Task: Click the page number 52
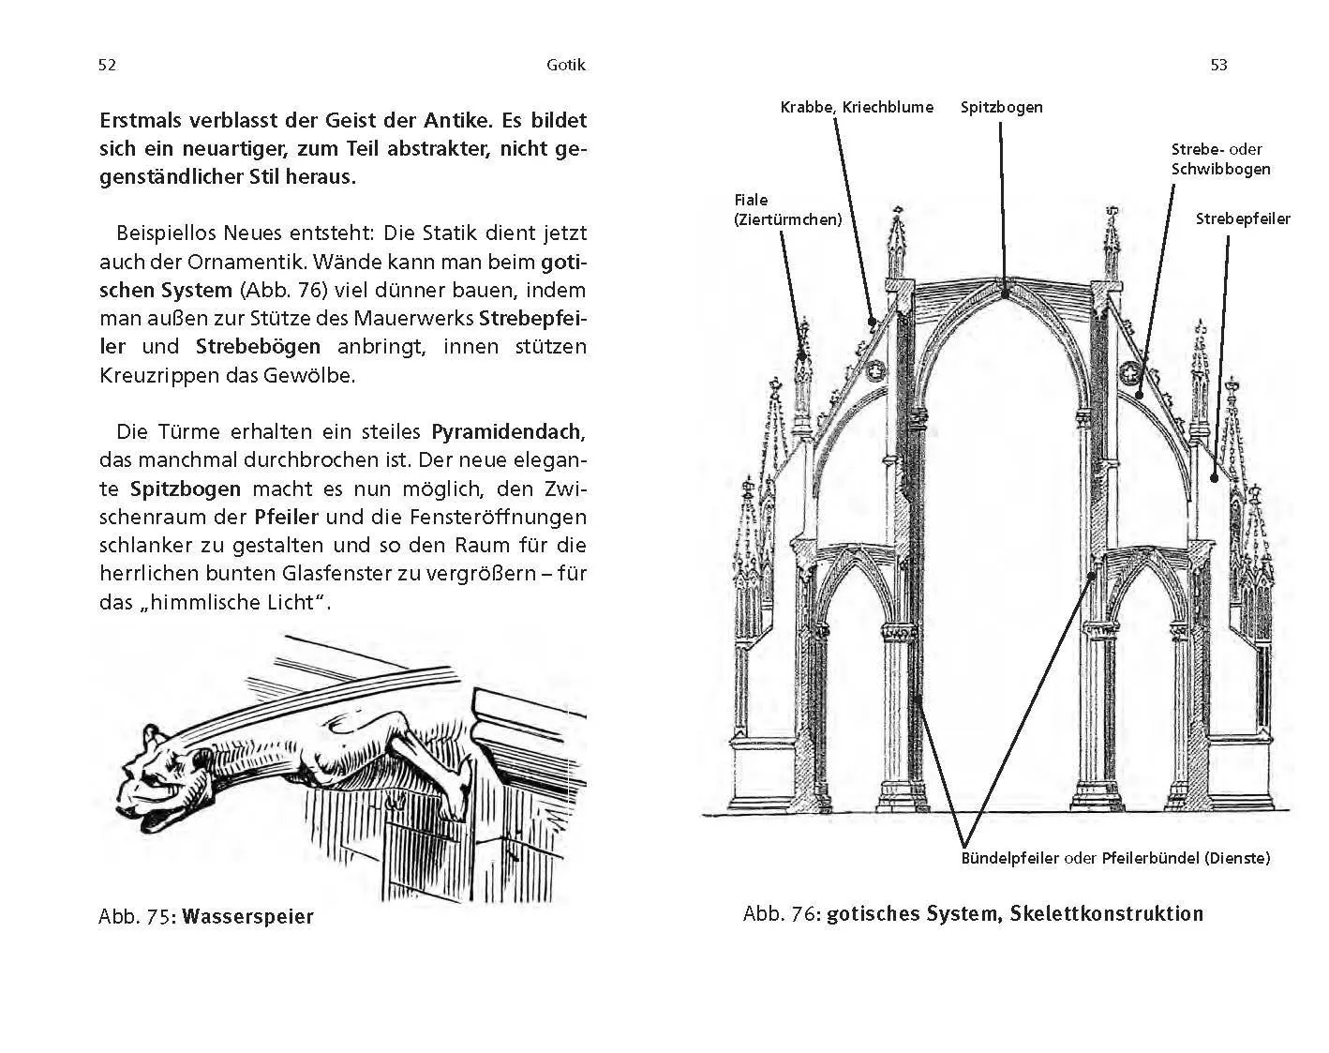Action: [107, 65]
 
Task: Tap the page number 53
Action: [1218, 65]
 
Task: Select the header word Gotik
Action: [565, 65]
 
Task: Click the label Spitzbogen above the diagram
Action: [1001, 107]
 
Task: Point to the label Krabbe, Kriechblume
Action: [857, 107]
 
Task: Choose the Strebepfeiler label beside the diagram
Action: [1243, 218]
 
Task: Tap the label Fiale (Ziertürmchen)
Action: [787, 210]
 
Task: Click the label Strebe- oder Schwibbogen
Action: [1220, 159]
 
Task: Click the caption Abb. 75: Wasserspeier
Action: [206, 916]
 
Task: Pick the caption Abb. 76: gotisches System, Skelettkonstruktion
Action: [973, 913]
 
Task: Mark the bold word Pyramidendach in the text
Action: [507, 432]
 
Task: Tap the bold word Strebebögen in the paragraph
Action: [259, 346]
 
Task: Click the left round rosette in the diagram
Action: [877, 372]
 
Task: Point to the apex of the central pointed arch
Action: [1004, 293]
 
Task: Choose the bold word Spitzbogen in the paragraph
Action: [186, 489]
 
